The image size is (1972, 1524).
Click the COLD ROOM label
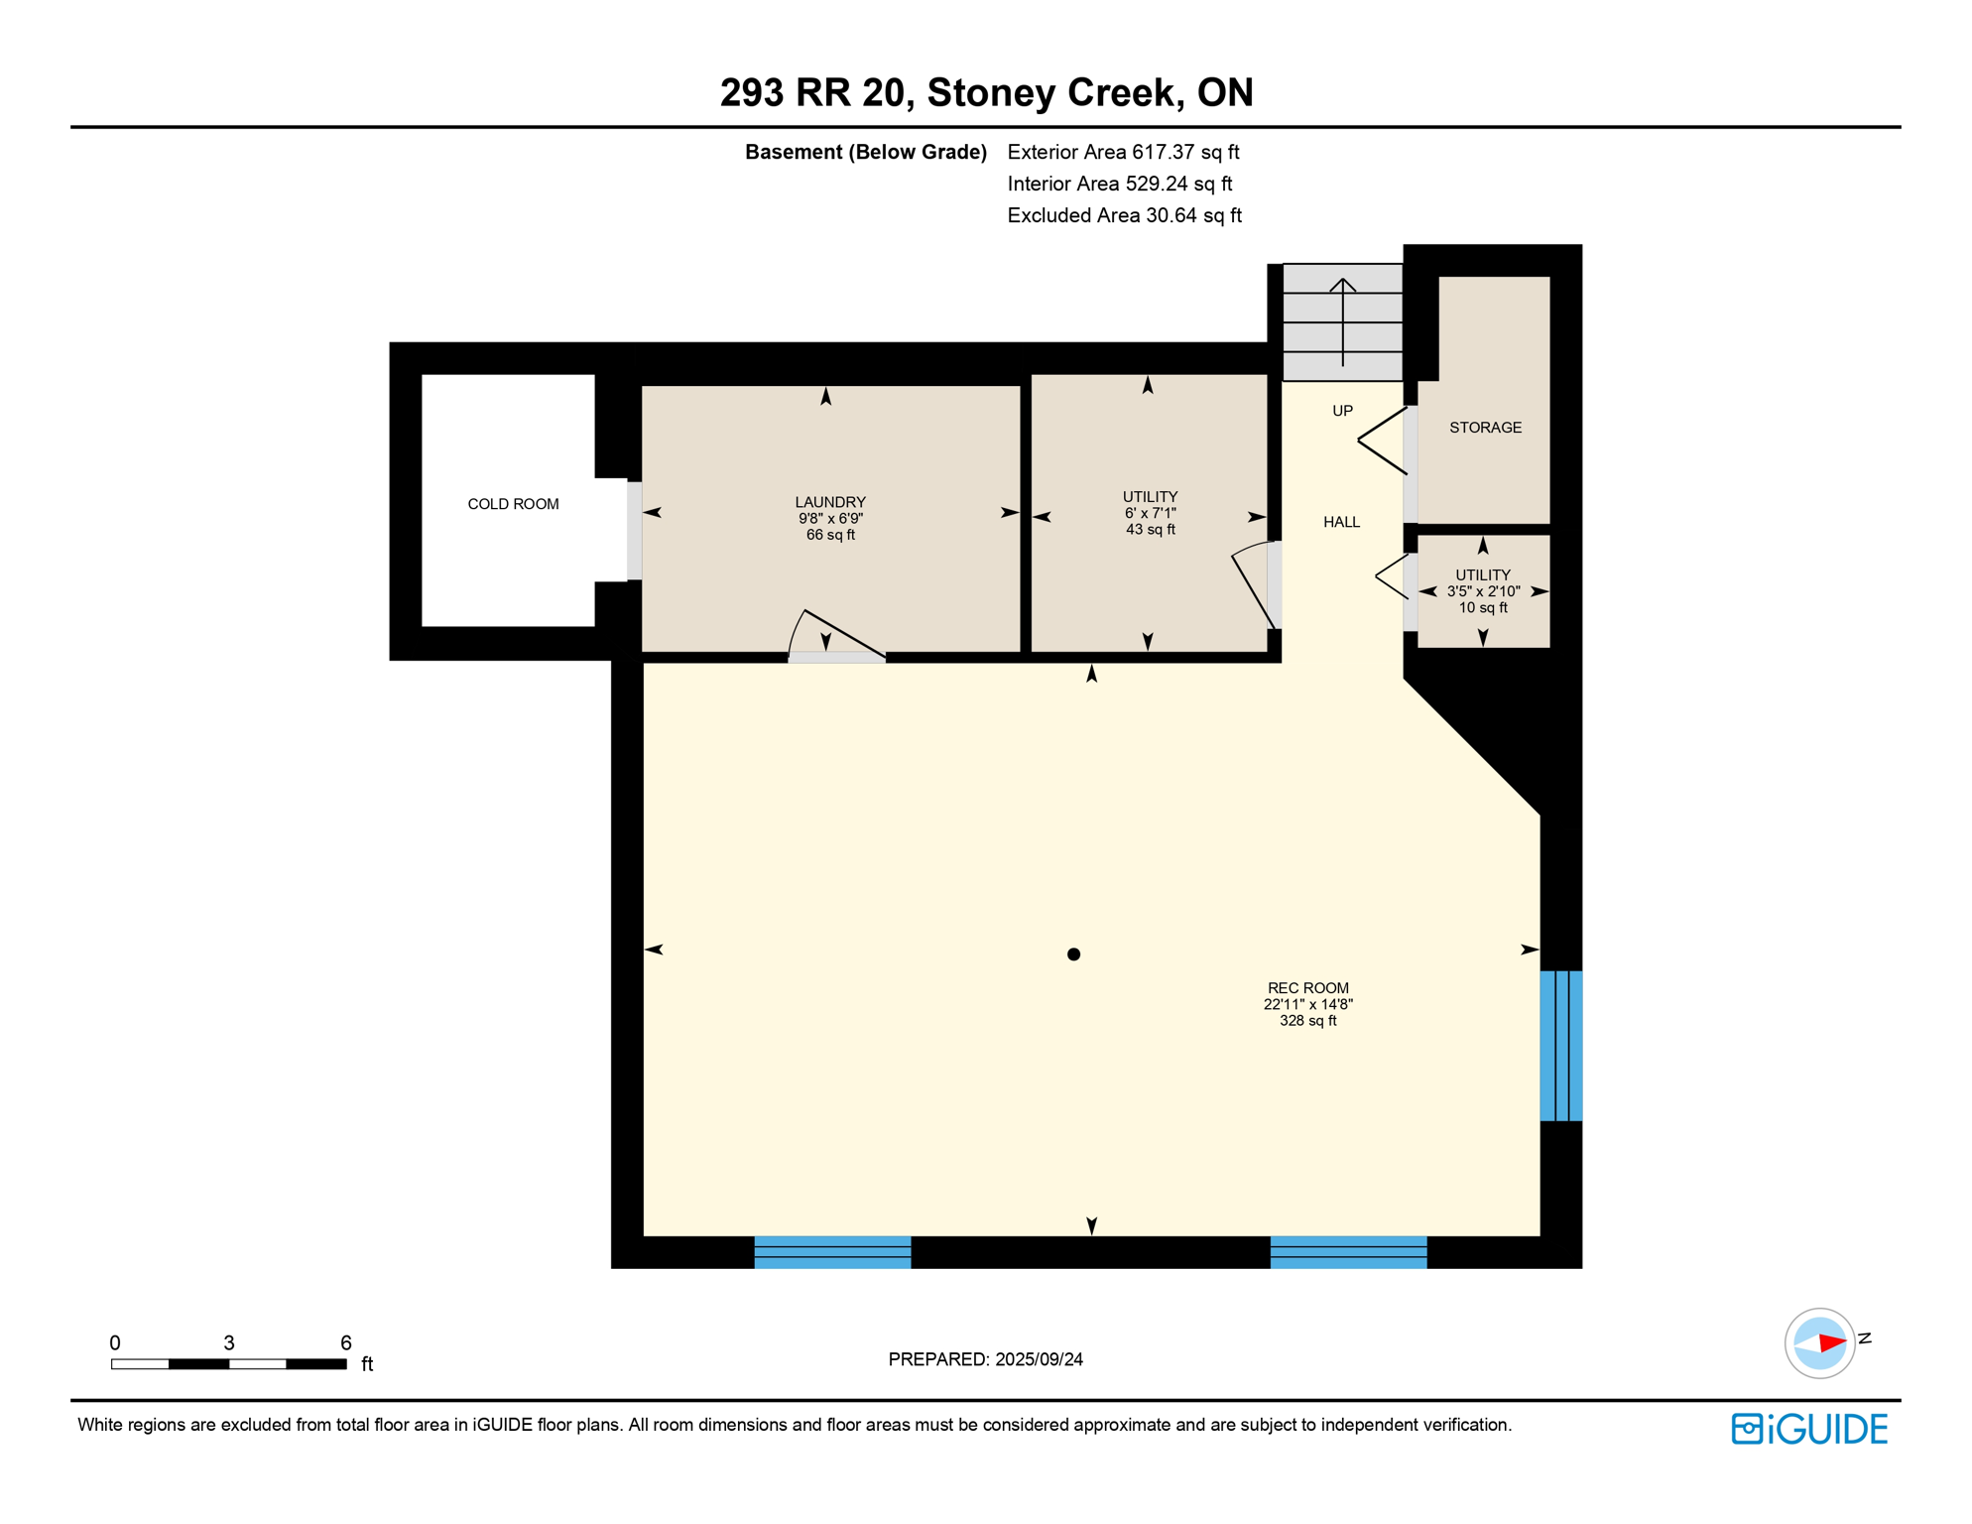(513, 504)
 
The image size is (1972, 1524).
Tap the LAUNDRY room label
(830, 502)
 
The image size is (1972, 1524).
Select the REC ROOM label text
(1307, 988)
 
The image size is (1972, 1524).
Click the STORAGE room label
(1485, 428)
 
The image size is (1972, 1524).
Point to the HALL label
(1341, 522)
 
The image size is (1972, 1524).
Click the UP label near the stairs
(1342, 411)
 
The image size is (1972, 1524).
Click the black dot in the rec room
(1073, 954)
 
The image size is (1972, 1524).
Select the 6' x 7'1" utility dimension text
(1150, 513)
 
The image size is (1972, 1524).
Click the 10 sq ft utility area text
(1482, 607)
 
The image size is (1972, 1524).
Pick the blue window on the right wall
(1560, 1046)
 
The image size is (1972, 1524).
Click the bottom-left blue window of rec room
(832, 1252)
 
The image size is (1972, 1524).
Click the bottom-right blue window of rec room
(1348, 1252)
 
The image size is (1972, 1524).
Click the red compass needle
(1831, 1343)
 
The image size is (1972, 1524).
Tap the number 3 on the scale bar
(229, 1342)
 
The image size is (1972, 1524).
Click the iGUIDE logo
(1808, 1429)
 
